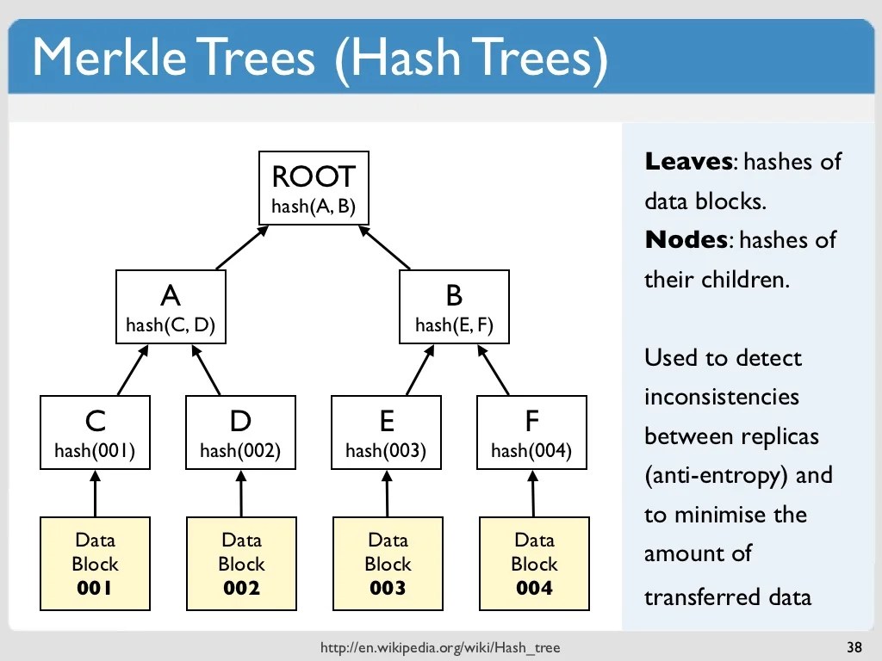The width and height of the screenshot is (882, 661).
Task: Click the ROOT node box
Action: (x=314, y=188)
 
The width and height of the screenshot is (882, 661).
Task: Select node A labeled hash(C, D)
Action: (x=171, y=307)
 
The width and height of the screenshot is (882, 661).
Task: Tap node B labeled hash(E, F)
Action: (x=454, y=307)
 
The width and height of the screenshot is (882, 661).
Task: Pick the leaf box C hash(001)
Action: (x=95, y=432)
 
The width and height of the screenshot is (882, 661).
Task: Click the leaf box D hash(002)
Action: (x=240, y=432)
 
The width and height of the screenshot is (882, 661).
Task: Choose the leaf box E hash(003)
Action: (x=386, y=432)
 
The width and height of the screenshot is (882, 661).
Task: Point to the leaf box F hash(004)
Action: (x=531, y=432)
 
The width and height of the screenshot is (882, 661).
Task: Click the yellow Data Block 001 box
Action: (x=95, y=564)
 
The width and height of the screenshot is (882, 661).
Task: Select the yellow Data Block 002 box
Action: (x=241, y=564)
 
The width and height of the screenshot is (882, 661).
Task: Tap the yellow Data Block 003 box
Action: (x=388, y=564)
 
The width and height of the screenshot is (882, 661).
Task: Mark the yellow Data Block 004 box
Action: (x=534, y=564)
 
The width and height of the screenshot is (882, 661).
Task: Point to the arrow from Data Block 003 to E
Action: (x=387, y=493)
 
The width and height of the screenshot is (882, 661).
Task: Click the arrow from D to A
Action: (x=207, y=370)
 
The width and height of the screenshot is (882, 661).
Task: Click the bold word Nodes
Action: (x=686, y=239)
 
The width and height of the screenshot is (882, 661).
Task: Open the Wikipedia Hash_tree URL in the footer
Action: (x=445, y=647)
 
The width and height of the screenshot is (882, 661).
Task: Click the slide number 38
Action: (x=854, y=647)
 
